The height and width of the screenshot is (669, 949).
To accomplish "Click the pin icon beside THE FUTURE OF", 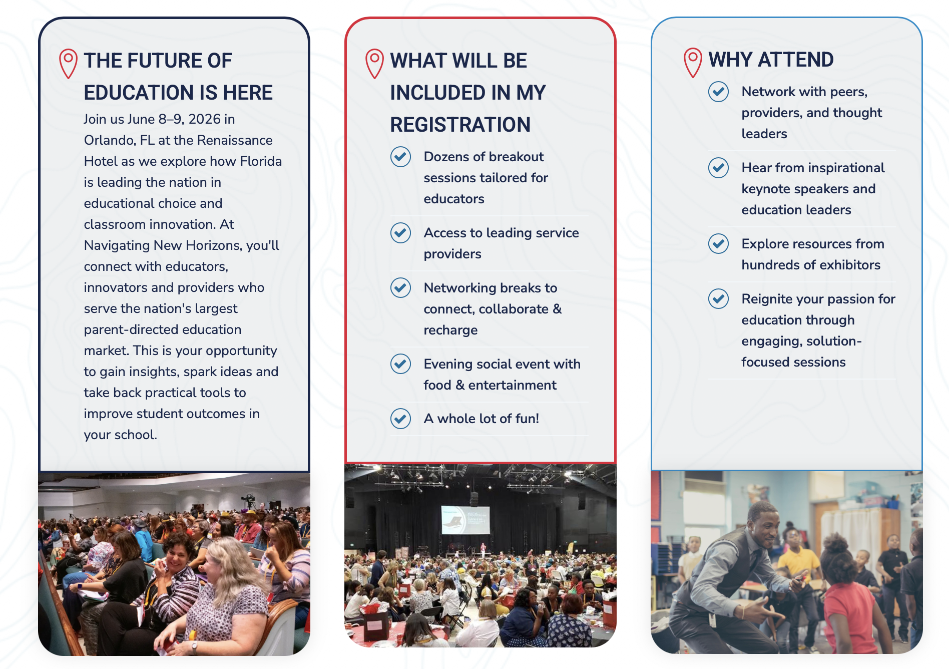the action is tap(68, 64).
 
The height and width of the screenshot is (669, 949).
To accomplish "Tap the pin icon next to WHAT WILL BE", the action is tap(374, 64).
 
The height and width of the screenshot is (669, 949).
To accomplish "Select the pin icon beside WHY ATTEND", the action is tap(693, 63).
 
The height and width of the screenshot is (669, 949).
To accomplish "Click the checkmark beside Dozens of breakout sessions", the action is tap(400, 157).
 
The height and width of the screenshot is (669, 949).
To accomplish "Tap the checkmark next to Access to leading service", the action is tap(400, 233).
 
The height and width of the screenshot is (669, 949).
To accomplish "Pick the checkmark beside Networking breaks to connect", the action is tap(400, 288).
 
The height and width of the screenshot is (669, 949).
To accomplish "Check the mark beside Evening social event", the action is tap(400, 364).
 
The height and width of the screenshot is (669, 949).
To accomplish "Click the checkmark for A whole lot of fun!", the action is tap(400, 419).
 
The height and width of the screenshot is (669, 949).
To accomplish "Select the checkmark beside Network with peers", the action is tap(718, 92).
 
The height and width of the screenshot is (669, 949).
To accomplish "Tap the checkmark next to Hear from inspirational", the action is tap(718, 168).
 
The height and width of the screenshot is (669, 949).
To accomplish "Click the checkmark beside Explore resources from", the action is tap(718, 244).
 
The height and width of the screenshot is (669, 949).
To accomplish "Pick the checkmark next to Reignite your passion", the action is tap(718, 299).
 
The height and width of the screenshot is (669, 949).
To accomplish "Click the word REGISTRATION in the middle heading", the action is tap(460, 125).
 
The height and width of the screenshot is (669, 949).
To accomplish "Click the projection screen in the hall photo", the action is tap(464, 519).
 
